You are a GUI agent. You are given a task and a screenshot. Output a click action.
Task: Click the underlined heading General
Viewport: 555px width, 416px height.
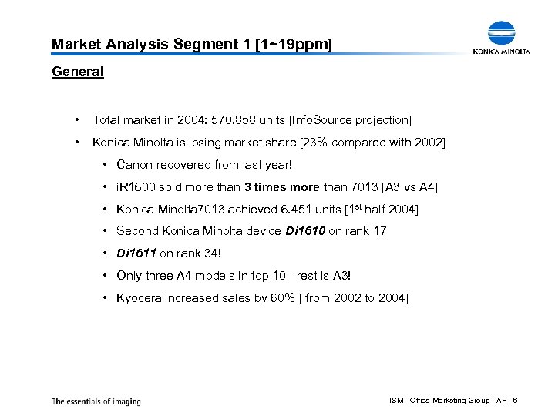[x=77, y=72]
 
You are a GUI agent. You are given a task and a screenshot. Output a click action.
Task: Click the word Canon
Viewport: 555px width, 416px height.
[x=135, y=164]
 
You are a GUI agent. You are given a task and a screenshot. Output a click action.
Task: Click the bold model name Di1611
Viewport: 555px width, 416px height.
[x=135, y=253]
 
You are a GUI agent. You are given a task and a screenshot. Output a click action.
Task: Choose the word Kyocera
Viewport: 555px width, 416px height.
[x=142, y=297]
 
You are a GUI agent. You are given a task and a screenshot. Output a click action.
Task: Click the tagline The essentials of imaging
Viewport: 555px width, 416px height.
[x=96, y=401]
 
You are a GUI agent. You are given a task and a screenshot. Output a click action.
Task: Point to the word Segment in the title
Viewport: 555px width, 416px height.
[x=202, y=45]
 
